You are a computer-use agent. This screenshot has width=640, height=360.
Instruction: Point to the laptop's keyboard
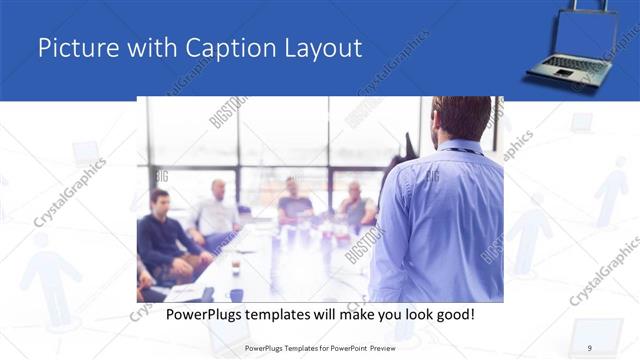coord(574,66)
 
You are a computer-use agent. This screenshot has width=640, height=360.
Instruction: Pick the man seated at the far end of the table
coord(294,200)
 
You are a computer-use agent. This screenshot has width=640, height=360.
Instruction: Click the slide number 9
coord(589,347)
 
